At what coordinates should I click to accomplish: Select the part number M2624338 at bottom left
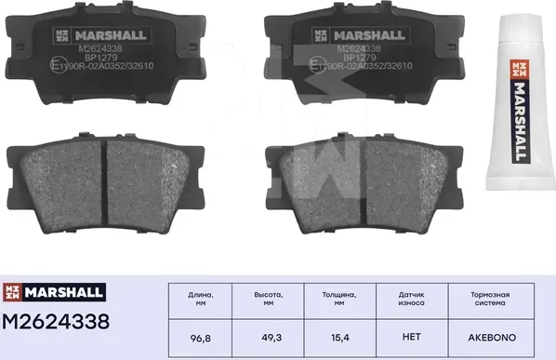[56, 322]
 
